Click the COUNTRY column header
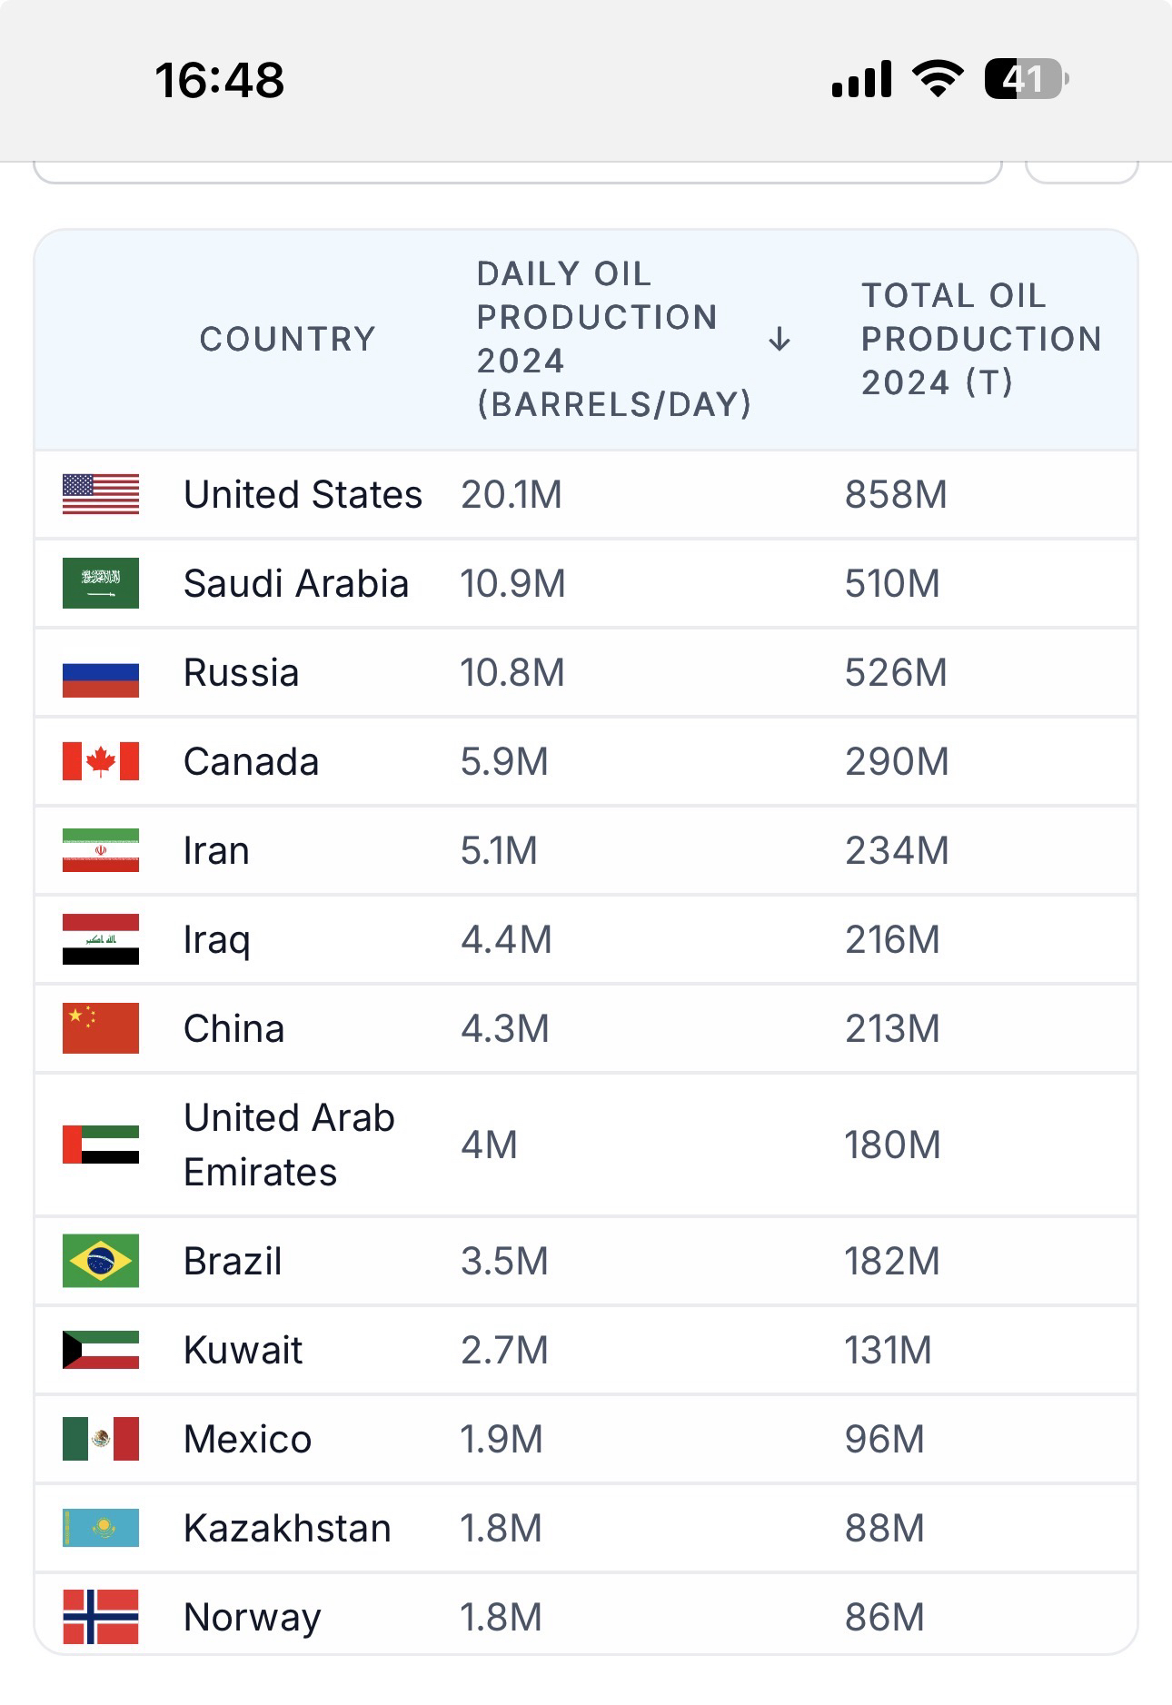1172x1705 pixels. pos(287,339)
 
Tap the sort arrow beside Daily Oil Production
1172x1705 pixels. pos(779,341)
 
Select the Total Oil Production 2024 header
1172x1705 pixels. pos(981,339)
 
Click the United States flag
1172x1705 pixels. pos(101,494)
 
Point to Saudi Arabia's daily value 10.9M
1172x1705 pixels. pos(512,583)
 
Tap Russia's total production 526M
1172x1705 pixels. pos(896,672)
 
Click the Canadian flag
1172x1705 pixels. pos(101,761)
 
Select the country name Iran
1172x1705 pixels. pos(216,850)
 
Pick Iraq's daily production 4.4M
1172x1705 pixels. pos(506,939)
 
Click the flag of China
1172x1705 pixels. pos(101,1028)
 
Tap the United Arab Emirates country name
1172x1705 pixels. pos(289,1145)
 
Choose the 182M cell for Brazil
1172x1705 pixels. pos(892,1261)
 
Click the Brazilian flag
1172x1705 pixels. pos(101,1261)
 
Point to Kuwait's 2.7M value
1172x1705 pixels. pos(504,1350)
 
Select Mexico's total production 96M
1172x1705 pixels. pos(884,1439)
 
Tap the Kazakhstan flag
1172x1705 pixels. pos(101,1528)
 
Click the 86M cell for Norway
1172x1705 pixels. pos(884,1617)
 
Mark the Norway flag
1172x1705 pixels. pos(101,1617)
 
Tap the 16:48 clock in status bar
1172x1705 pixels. pos(220,80)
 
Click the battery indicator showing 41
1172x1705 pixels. pos(1026,79)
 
